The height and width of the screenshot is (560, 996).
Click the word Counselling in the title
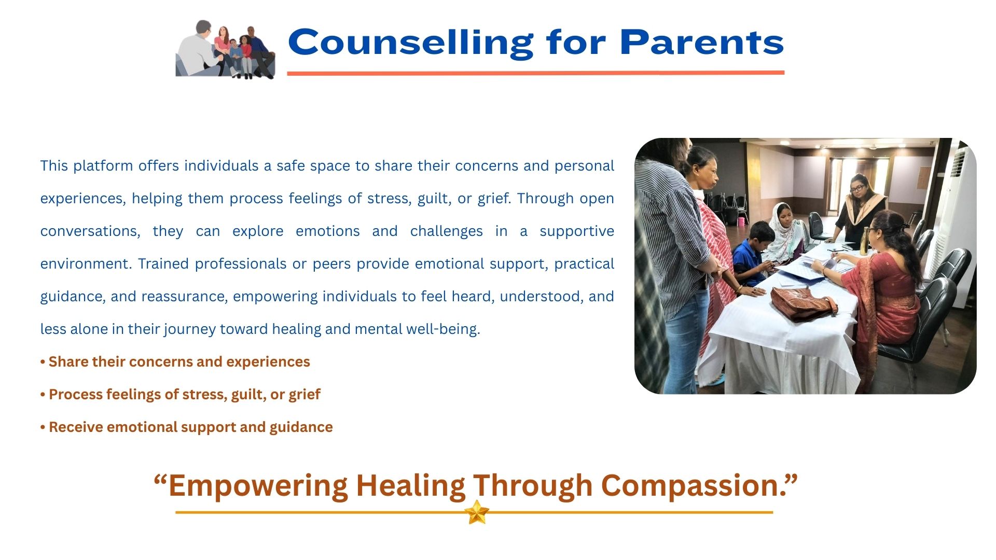411,43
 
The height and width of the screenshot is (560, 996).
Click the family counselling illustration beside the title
225,49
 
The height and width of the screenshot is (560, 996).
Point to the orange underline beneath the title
535,73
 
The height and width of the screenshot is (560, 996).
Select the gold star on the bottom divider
477,512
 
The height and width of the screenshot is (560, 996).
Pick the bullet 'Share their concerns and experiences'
175,361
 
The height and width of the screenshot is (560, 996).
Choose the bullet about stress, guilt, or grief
181,394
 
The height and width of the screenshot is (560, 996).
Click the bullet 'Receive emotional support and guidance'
187,427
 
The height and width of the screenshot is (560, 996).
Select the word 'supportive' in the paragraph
577,231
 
